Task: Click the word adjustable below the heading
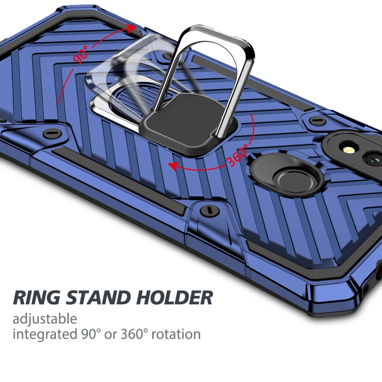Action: (x=45, y=319)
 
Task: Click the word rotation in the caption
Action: (x=174, y=334)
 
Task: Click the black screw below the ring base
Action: (x=207, y=210)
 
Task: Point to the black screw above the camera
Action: (x=317, y=120)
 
